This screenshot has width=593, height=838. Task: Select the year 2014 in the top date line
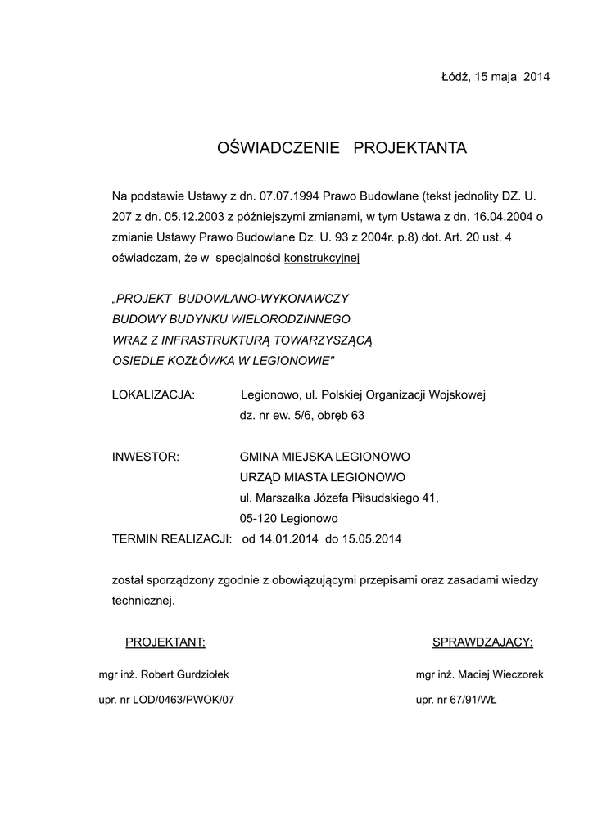click(x=536, y=77)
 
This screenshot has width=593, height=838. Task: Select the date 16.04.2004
click(x=500, y=216)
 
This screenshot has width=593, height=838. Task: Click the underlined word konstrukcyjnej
click(x=322, y=257)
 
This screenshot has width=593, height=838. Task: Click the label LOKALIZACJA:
click(x=153, y=395)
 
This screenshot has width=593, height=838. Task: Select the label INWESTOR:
click(x=145, y=457)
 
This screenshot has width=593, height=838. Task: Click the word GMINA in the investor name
click(x=260, y=457)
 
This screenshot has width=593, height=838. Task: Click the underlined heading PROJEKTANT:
click(x=165, y=642)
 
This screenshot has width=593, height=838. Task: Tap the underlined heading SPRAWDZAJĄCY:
click(x=482, y=642)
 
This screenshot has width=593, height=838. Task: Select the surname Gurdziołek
click(x=200, y=675)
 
